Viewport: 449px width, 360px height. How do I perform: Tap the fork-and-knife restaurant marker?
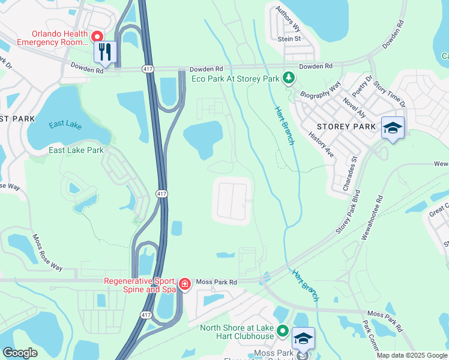tap(104, 52)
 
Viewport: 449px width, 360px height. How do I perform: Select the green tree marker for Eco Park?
tap(289, 79)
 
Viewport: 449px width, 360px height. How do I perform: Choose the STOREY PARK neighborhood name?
tap(346, 127)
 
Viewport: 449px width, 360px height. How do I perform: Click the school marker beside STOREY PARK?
tap(393, 128)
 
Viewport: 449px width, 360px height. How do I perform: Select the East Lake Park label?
tap(76, 150)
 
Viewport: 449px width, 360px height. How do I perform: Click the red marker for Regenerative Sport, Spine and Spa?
tap(185, 284)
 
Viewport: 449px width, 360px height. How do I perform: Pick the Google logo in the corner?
tap(20, 353)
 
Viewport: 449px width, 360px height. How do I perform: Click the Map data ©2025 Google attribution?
tap(411, 355)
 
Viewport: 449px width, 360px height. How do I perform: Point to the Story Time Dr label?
tap(390, 95)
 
